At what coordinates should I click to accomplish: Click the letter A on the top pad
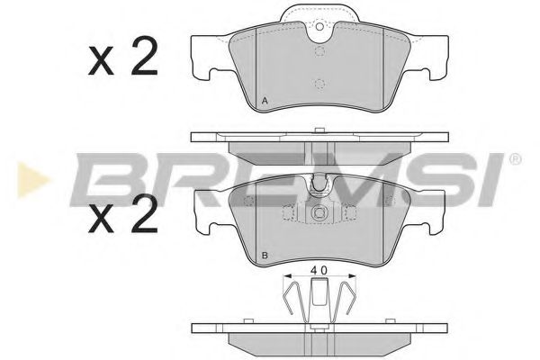coord(265,101)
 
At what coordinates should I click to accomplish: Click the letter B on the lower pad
coord(265,256)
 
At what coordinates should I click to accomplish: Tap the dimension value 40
coord(319,270)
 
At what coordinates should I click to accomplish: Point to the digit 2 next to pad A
coord(144,56)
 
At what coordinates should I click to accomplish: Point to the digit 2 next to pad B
coord(144,213)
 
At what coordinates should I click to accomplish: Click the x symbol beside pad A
coord(101,61)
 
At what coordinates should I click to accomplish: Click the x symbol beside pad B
coord(101,219)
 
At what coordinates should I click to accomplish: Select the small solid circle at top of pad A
coord(319,26)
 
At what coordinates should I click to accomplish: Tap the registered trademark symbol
coord(515,158)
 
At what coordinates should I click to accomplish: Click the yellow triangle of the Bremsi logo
coord(31,180)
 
